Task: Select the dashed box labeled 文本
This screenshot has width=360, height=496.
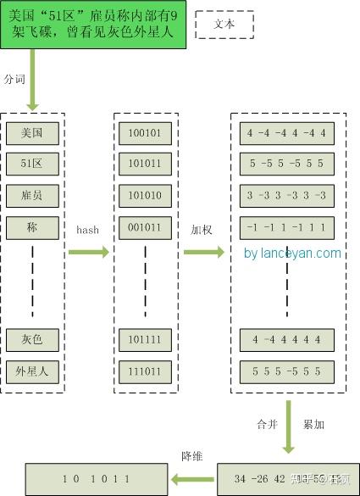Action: click(224, 25)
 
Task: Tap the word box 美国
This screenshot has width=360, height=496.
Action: click(33, 133)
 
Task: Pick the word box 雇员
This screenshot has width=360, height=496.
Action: click(33, 196)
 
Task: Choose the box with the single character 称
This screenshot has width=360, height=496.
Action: click(33, 227)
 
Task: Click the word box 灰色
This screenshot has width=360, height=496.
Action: click(33, 339)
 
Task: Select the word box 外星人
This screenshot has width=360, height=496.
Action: click(33, 371)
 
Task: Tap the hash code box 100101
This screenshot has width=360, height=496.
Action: click(146, 133)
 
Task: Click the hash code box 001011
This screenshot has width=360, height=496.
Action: click(146, 227)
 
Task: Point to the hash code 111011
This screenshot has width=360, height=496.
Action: click(146, 371)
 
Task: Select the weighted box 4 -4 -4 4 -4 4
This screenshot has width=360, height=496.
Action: click(287, 133)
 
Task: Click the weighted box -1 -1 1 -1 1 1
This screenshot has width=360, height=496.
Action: click(287, 227)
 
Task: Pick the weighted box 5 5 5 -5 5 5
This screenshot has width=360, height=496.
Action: click(287, 371)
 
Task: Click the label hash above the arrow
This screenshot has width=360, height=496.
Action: click(88, 230)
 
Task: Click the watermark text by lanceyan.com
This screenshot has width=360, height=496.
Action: click(292, 253)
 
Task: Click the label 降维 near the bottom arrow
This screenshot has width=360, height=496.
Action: click(192, 456)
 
